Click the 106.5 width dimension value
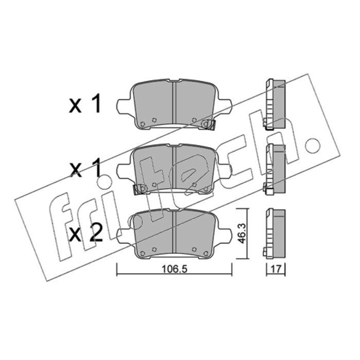tap(175, 269)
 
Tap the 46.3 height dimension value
tap(242, 234)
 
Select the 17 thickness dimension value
tap(276, 269)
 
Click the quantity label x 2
tap(85, 234)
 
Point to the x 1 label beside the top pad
tap(85, 104)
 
